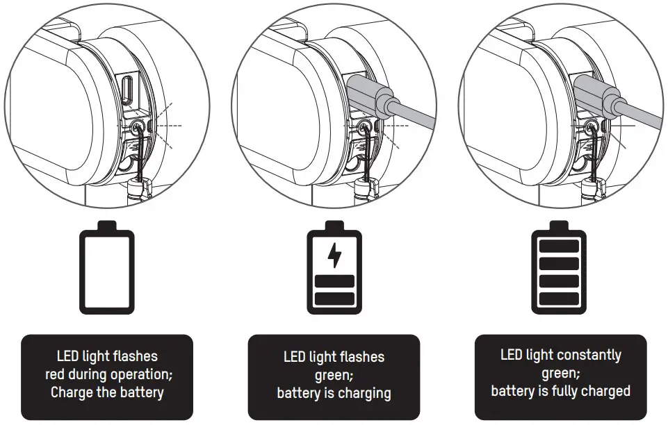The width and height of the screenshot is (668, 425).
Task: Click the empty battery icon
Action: click(107, 267)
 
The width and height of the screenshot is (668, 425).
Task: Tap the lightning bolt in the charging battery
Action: click(334, 256)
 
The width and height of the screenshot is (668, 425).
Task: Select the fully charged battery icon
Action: click(559, 267)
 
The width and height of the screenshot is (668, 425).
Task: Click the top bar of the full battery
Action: click(559, 247)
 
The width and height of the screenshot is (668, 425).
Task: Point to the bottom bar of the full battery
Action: click(559, 299)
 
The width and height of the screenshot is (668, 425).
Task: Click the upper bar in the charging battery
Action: click(334, 281)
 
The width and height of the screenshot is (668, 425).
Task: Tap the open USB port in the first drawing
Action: click(127, 90)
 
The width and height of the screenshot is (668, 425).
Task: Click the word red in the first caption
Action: click(54, 374)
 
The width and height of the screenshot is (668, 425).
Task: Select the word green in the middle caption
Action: click(332, 376)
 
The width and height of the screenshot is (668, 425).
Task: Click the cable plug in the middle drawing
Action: click(370, 94)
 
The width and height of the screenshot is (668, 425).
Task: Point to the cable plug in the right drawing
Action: click(596, 94)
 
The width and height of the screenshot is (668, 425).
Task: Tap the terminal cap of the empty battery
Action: click(107, 226)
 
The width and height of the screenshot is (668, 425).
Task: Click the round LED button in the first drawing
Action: click(137, 126)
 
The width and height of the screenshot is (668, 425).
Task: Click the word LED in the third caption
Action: click(512, 355)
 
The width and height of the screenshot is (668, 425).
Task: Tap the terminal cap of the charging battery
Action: click(334, 226)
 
